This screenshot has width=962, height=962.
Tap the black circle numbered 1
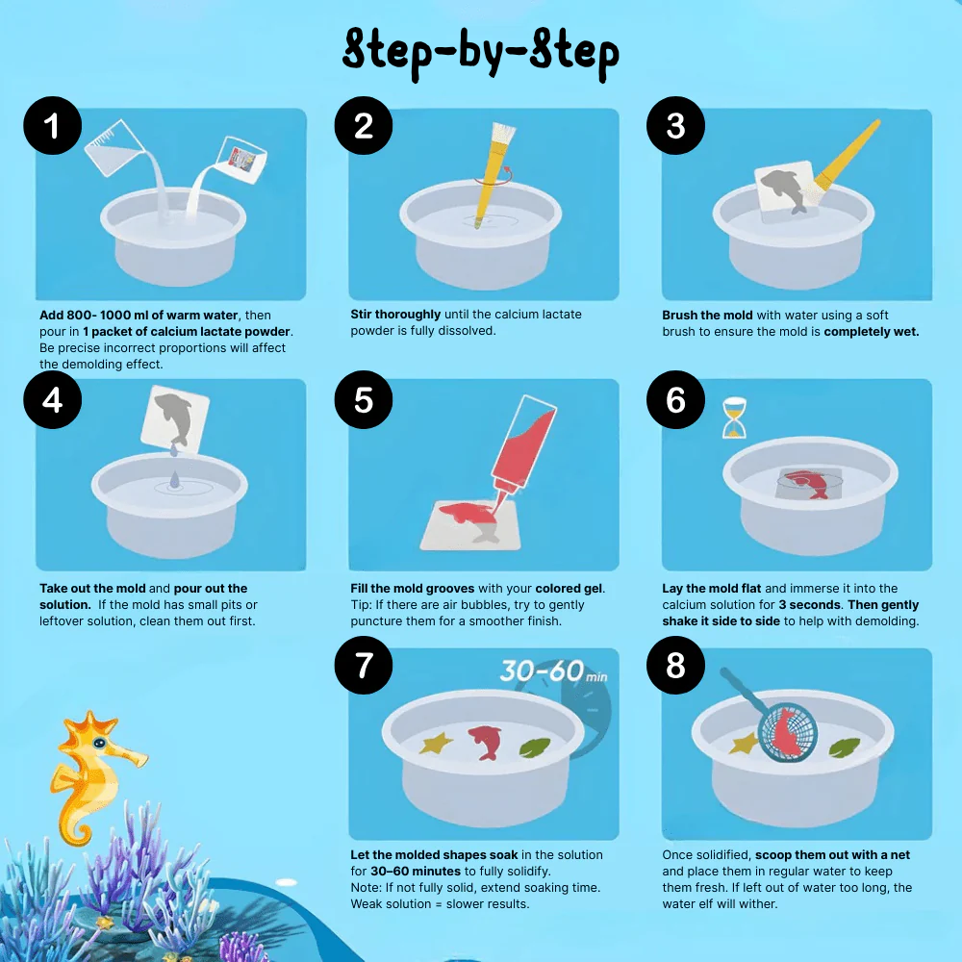[x=53, y=125]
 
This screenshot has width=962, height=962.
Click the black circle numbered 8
[x=675, y=666]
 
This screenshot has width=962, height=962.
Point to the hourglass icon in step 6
[x=735, y=418]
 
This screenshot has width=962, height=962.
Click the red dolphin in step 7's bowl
[x=486, y=742]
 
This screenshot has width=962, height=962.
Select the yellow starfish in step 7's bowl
[x=436, y=745]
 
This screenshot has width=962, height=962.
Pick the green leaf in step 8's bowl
[x=844, y=747]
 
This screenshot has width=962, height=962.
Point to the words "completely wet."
[x=873, y=332]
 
